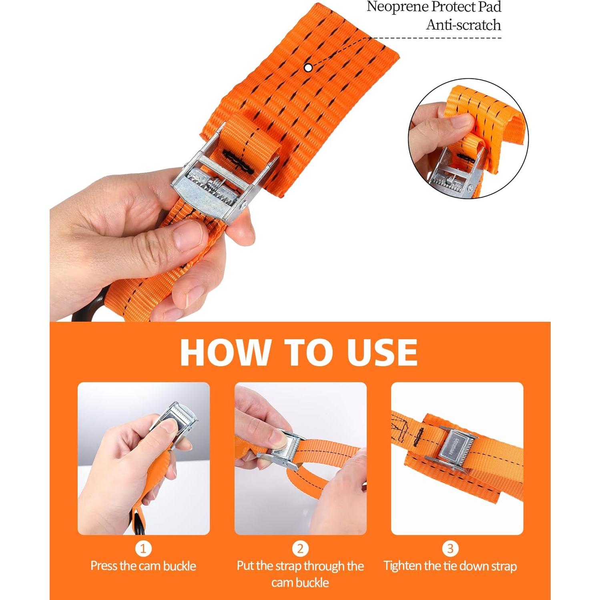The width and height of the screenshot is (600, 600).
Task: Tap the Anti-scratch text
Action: coord(463,25)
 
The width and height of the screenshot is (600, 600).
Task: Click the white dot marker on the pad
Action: coord(308,68)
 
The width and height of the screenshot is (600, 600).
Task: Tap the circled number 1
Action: coord(143,549)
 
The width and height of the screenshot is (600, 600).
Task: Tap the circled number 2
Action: coord(300,549)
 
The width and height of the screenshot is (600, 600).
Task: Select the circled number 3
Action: coord(450,549)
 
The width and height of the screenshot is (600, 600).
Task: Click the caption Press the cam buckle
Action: coord(143,566)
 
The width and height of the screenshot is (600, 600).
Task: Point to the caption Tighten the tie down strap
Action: coord(450,566)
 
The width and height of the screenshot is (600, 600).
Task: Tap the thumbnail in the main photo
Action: coord(188,236)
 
